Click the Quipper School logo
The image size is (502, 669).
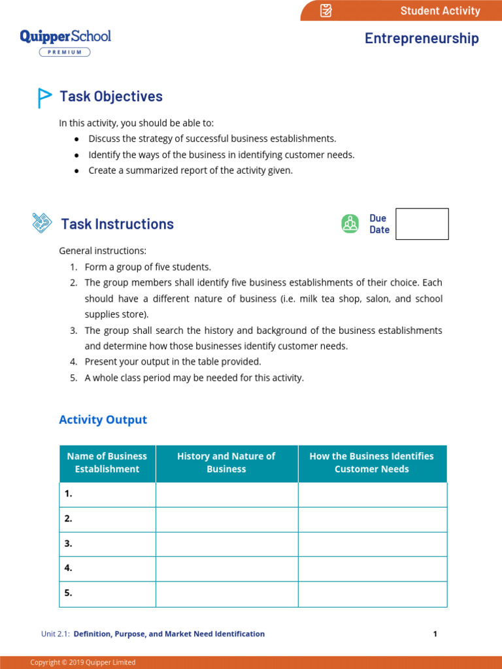(x=65, y=37)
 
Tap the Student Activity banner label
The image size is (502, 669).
(x=440, y=10)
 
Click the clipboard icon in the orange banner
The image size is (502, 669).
(x=326, y=10)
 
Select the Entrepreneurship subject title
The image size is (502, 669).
(x=422, y=39)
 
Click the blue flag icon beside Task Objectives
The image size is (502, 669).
(x=44, y=97)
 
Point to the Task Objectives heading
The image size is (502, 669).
(x=111, y=97)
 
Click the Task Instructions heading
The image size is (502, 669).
(x=117, y=224)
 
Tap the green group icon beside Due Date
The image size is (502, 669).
(x=350, y=223)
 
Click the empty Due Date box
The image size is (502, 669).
(x=422, y=224)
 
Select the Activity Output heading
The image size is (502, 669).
(x=103, y=419)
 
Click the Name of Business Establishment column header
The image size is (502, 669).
(x=107, y=463)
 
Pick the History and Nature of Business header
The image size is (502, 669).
(x=226, y=463)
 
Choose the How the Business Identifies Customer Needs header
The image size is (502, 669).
(x=371, y=463)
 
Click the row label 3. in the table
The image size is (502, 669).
(x=69, y=544)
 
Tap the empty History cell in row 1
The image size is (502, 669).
(x=226, y=495)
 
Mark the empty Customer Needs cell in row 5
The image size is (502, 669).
(x=372, y=594)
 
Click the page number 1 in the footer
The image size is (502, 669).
(x=435, y=634)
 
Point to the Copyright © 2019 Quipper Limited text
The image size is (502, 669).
(x=83, y=662)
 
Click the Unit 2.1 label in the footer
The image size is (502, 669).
(x=56, y=634)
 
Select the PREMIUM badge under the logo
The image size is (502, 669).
(x=65, y=52)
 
